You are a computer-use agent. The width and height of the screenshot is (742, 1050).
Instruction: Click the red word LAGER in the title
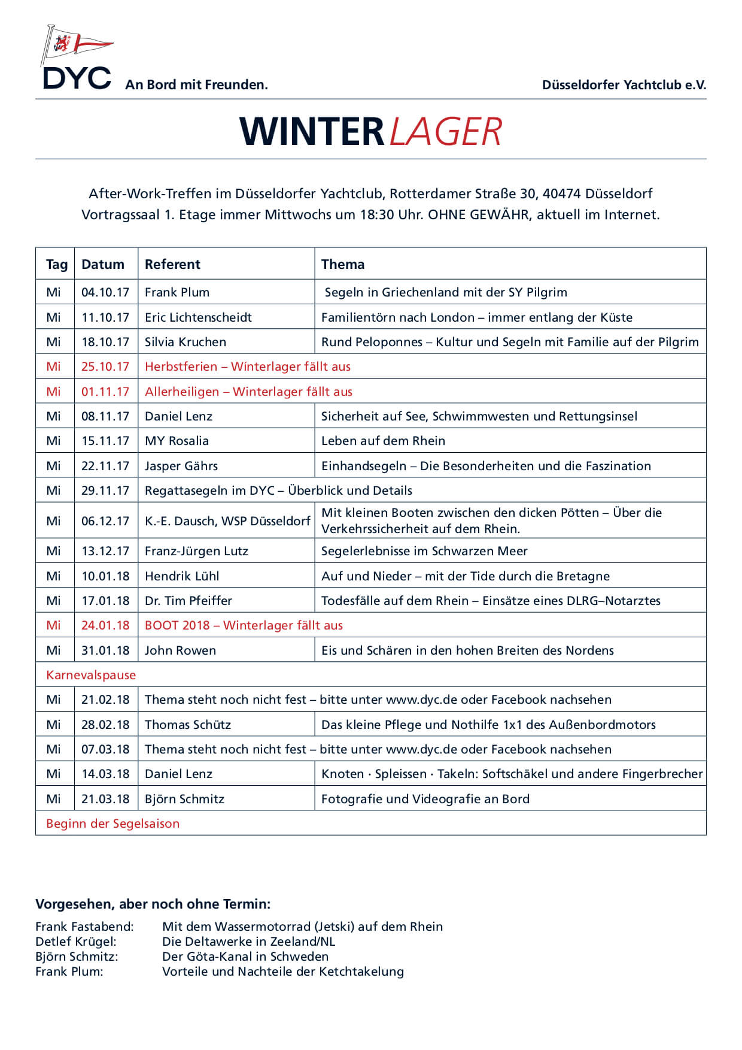coord(445,132)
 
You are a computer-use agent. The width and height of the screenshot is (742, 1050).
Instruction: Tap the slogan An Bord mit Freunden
coord(196,85)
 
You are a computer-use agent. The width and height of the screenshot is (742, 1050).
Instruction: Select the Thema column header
coord(342,264)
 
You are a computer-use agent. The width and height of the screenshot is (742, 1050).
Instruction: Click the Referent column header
coord(172,264)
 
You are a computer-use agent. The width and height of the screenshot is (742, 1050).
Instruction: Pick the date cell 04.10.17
coord(105,292)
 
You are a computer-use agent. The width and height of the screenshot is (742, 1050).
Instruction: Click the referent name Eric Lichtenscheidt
coord(198,317)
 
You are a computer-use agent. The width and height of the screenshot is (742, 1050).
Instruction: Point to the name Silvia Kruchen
coord(185,342)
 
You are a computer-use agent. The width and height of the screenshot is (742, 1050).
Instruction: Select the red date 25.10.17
coord(105,367)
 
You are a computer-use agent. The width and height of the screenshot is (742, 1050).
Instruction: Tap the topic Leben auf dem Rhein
coord(383,441)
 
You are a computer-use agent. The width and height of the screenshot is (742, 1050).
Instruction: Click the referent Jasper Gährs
coord(181,466)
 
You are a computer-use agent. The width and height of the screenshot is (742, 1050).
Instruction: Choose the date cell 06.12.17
coord(105,521)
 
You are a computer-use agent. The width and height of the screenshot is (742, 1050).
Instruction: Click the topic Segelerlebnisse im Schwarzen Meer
coord(424,551)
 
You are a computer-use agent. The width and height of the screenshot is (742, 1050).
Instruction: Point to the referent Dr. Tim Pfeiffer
coord(188,601)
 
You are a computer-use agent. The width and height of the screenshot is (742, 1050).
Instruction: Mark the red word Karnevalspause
coord(91,675)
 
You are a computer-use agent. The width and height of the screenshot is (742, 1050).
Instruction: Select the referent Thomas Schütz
coord(188,725)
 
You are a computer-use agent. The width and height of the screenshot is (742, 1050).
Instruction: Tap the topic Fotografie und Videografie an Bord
coord(425,799)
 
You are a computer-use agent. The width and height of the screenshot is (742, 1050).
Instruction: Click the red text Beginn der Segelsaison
coord(112,824)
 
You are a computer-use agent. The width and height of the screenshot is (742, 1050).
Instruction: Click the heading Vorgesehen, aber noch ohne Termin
coord(153,904)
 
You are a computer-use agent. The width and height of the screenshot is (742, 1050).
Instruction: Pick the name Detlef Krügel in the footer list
coord(75,942)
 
